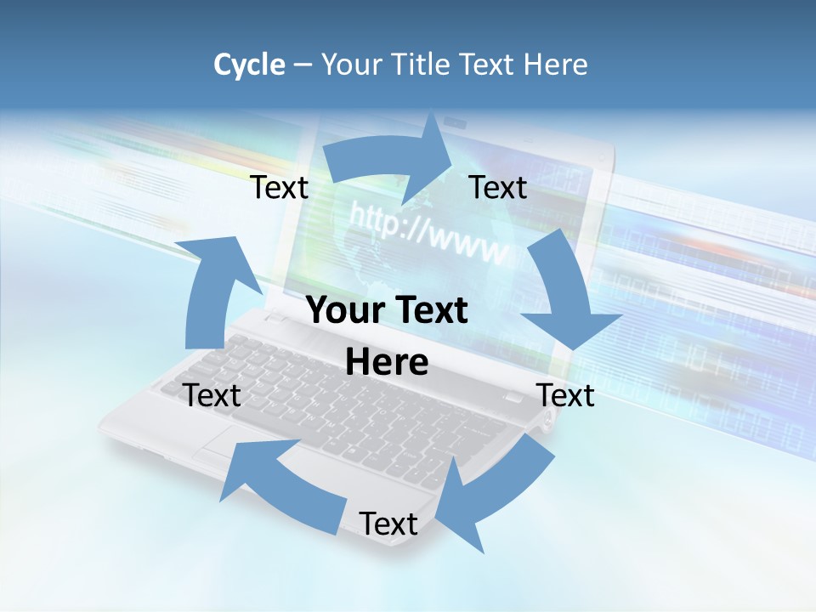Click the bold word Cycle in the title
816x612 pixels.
pos(249,65)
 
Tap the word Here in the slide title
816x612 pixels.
pos(554,65)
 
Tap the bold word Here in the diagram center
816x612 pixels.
pos(387,362)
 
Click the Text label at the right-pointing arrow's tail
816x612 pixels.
pos(280,188)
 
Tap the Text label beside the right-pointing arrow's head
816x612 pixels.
pos(498,187)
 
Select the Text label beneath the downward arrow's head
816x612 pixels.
pos(565,395)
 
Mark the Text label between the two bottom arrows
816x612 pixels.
pos(388,524)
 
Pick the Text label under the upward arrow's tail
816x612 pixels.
pos(212,395)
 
